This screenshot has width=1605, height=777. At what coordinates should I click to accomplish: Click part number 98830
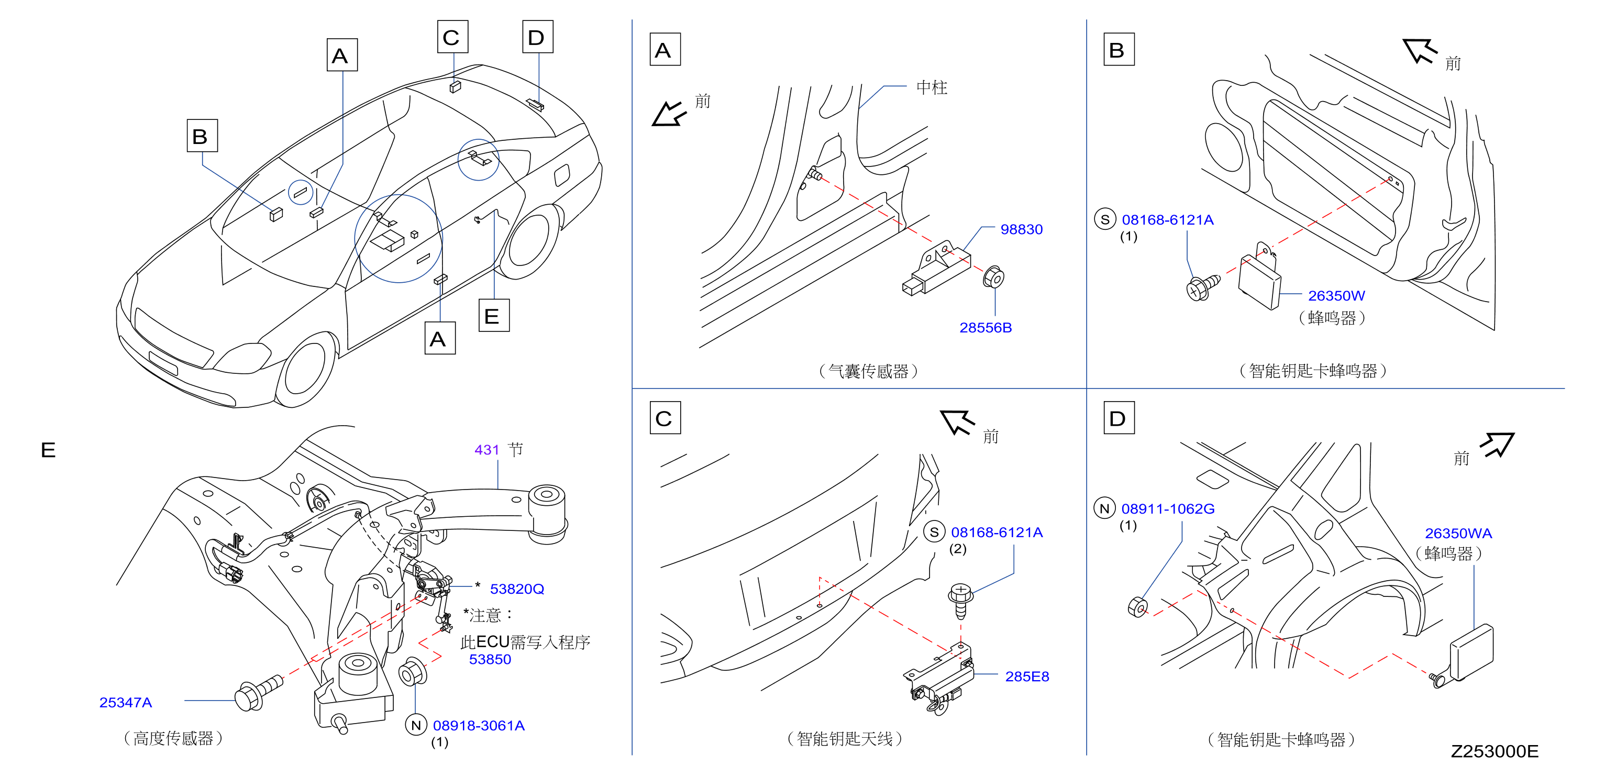(1021, 229)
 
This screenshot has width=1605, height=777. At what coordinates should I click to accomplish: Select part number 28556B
(985, 328)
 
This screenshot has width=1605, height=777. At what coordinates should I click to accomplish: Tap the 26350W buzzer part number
(1336, 295)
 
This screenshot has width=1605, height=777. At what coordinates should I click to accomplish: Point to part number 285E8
(1027, 676)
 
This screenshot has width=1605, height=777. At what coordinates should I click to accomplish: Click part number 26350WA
(1458, 534)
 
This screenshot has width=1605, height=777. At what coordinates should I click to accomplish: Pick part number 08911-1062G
(1168, 508)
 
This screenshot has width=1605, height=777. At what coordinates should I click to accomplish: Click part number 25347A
(125, 702)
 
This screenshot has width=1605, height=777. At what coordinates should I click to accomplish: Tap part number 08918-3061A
(479, 725)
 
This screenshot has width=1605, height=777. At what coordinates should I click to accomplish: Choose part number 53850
(490, 659)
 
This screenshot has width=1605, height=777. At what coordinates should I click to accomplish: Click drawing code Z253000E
(1494, 751)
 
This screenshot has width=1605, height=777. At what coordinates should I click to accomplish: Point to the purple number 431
(486, 449)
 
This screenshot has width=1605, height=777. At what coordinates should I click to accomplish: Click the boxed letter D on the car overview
(537, 37)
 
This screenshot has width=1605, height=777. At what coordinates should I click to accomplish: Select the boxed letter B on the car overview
(202, 135)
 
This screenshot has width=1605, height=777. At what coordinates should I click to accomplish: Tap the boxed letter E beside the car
(493, 315)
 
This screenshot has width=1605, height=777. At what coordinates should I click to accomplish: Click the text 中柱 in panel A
(932, 88)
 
